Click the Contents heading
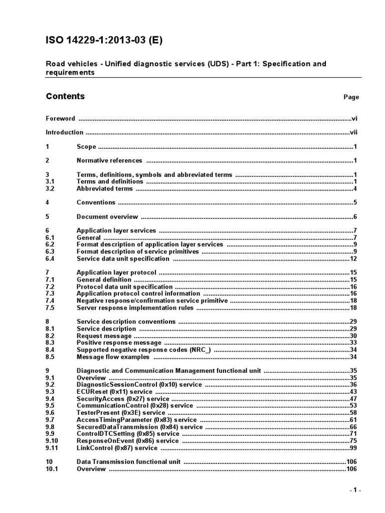(x=65, y=96)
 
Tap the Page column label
(x=351, y=97)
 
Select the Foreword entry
(x=60, y=119)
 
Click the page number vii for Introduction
(x=353, y=133)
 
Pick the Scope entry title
(x=86, y=147)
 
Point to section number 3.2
(x=50, y=189)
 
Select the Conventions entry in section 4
(x=96, y=203)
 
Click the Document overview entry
(x=107, y=217)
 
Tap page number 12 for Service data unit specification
(x=352, y=259)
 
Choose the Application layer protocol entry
(x=116, y=273)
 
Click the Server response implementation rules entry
(x=135, y=308)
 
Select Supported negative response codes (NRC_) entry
(x=143, y=350)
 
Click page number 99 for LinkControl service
(x=352, y=448)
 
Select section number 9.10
(x=52, y=441)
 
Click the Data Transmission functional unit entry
(x=128, y=461)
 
